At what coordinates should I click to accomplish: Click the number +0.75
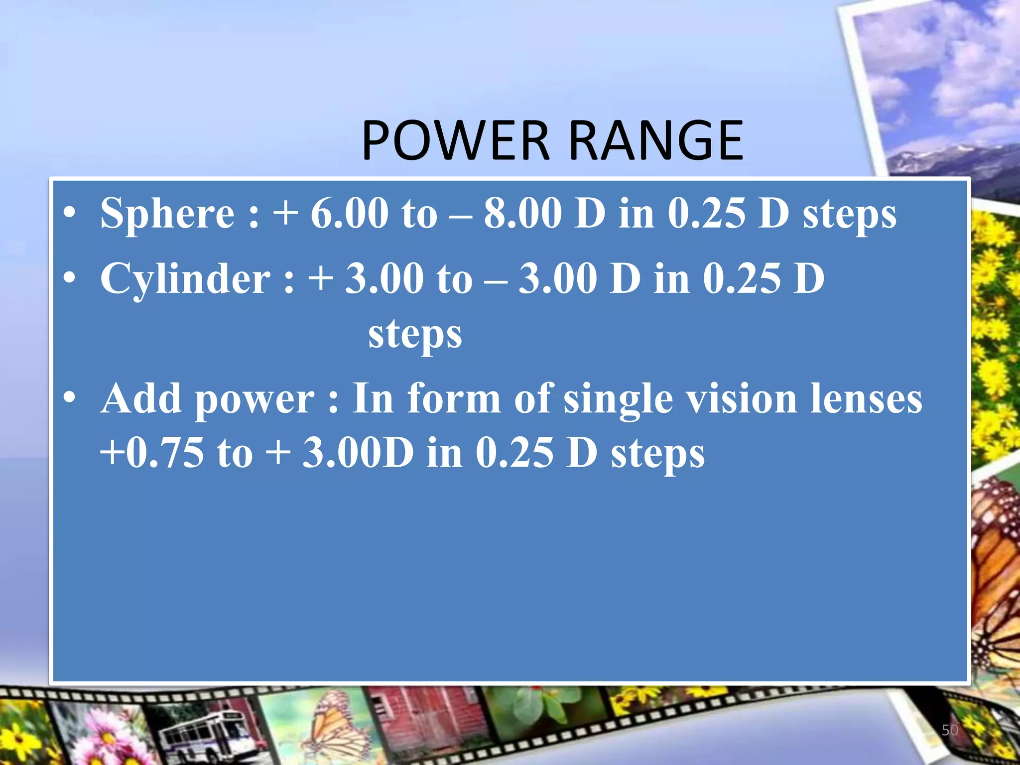[x=152, y=453]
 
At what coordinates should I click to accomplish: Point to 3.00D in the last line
[x=358, y=453]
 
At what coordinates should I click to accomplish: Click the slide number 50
[x=950, y=730]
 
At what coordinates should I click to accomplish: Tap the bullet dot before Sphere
[x=70, y=214]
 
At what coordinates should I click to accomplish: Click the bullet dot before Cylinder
[x=70, y=279]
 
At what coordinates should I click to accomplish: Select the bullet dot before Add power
[x=70, y=399]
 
